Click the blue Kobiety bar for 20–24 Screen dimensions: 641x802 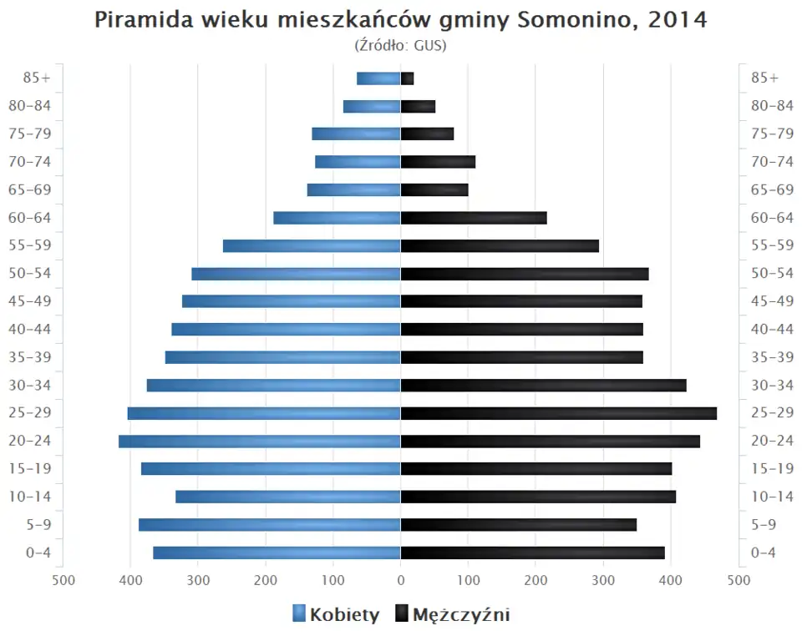(259, 442)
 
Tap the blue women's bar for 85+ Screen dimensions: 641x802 (378, 78)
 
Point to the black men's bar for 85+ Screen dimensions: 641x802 (408, 78)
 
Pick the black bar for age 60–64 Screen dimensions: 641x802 (474, 218)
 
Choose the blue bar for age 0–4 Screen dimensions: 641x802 (277, 553)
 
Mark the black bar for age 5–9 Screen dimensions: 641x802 (518, 525)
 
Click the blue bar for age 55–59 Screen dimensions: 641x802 (312, 246)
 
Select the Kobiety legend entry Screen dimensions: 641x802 (336, 615)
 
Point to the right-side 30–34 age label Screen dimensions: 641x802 (772, 386)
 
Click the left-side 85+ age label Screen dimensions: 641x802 (38, 78)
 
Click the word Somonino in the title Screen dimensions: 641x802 (572, 20)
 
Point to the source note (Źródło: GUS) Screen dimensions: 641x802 (401, 45)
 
